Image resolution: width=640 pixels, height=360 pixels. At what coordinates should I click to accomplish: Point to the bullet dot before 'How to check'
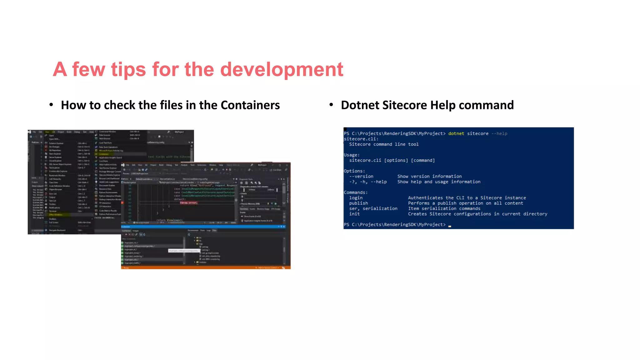pyautogui.click(x=51, y=105)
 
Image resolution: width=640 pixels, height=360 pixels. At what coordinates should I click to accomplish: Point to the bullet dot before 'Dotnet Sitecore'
pyautogui.click(x=331, y=105)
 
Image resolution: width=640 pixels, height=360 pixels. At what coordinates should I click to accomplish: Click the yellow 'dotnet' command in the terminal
pyautogui.click(x=456, y=133)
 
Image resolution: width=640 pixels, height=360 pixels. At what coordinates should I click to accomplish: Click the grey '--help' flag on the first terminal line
pyautogui.click(x=499, y=133)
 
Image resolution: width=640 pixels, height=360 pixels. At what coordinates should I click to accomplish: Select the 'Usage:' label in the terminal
pyautogui.click(x=352, y=155)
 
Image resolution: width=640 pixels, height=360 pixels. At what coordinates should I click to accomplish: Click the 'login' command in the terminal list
pyautogui.click(x=356, y=198)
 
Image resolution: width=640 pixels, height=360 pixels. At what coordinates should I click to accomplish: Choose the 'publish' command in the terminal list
pyautogui.click(x=358, y=203)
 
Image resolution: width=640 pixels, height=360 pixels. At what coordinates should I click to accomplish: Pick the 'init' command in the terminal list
pyautogui.click(x=354, y=214)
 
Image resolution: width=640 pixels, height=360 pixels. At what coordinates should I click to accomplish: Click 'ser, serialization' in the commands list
pyautogui.click(x=373, y=208)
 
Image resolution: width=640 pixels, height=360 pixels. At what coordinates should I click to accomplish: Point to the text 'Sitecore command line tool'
pyautogui.click(x=383, y=144)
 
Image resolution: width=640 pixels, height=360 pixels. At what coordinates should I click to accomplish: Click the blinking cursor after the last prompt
pyautogui.click(x=450, y=226)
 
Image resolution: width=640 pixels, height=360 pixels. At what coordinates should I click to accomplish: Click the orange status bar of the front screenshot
pyautogui.click(x=206, y=267)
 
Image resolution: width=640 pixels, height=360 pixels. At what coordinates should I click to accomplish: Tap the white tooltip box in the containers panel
pyautogui.click(x=184, y=251)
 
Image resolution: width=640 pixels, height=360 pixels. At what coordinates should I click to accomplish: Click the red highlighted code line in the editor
pyautogui.click(x=188, y=203)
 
